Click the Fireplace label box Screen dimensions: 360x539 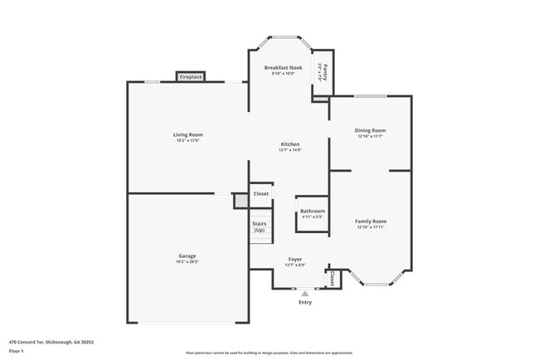click(190, 77)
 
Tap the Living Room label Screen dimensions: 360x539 click(188, 134)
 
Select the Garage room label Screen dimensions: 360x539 click(187, 255)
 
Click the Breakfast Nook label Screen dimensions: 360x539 click(284, 67)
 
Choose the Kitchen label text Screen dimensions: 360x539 click(289, 144)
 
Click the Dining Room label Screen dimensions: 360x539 click(371, 130)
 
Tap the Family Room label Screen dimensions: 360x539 click(371, 221)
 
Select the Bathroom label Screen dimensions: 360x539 click(313, 211)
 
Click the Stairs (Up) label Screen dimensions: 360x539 click(260, 226)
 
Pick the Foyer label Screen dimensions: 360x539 click(295, 260)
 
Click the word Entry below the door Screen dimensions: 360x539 click(305, 302)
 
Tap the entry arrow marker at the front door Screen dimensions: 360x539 click(305, 293)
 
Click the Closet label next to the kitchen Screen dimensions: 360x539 click(261, 193)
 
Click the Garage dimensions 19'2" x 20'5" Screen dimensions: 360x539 click(187, 262)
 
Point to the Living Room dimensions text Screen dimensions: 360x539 click(188, 140)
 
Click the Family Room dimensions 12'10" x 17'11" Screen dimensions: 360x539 click(371, 227)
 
